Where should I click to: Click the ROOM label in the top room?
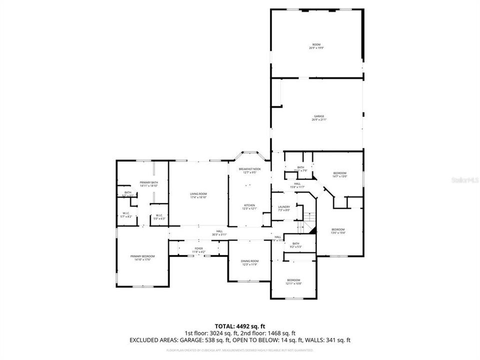click(316, 45)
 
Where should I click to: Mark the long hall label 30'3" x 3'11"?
click(219, 232)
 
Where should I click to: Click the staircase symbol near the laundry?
click(310, 217)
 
